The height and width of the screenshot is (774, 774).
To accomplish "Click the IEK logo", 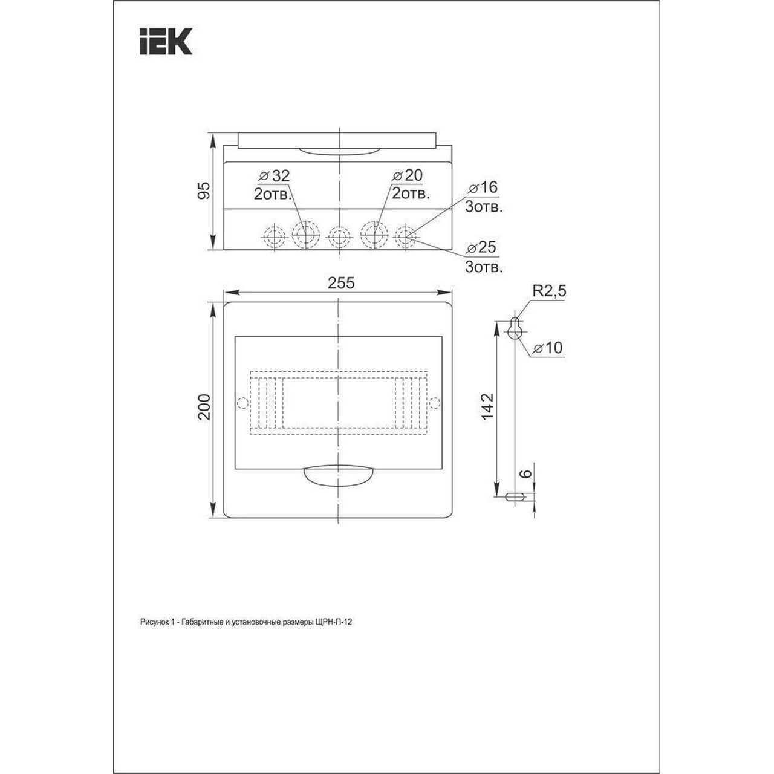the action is (166, 41).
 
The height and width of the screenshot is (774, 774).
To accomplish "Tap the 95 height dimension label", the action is (204, 190).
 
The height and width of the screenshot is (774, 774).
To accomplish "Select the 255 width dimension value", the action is (341, 283).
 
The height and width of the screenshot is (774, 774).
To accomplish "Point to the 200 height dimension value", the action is (204, 407).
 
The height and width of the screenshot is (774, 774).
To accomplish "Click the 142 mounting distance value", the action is (487, 407).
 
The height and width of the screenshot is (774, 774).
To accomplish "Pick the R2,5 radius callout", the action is (549, 291).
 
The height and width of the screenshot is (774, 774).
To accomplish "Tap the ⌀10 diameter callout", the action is (547, 348).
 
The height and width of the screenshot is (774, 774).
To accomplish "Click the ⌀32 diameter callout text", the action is (275, 175).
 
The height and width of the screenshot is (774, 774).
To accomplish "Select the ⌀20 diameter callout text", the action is (408, 175).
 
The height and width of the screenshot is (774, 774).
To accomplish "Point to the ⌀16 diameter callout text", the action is (483, 187).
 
